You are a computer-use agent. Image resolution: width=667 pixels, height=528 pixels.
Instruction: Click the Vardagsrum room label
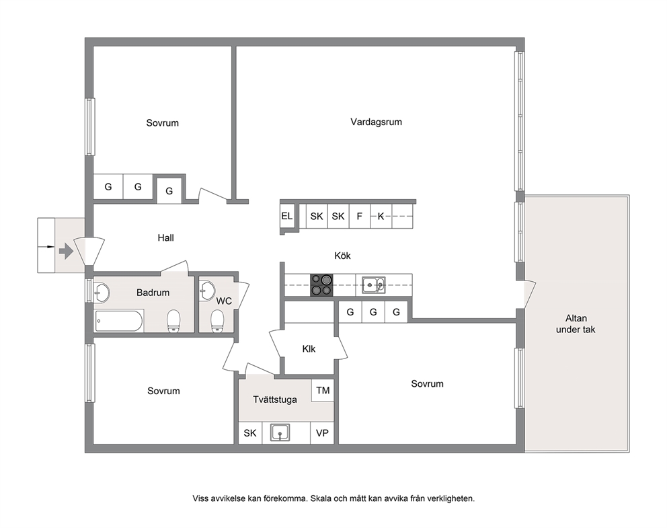[376, 122]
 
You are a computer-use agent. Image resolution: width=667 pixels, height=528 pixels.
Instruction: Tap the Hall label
[165, 238]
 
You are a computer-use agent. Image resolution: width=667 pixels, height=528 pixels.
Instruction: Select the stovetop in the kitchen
[321, 285]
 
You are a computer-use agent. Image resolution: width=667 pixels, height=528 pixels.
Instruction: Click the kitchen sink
[374, 285]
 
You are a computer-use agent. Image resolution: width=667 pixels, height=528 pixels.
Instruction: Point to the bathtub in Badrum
[119, 322]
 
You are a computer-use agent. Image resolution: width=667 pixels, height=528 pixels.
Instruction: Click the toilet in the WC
[217, 320]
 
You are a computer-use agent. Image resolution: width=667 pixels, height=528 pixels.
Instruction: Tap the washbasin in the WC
[207, 290]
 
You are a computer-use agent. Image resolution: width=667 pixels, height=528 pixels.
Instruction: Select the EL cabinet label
[286, 216]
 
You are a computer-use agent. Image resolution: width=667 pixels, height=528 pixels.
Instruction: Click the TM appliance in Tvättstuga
[323, 390]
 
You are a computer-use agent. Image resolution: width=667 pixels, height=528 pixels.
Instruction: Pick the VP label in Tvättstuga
[322, 433]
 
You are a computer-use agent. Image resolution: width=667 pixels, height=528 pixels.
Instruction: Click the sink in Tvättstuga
[280, 432]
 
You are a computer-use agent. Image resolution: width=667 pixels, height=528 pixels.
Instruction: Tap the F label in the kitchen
[360, 217]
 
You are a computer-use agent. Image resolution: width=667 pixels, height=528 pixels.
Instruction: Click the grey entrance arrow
[66, 251]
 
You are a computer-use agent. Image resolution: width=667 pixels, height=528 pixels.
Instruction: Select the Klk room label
[309, 349]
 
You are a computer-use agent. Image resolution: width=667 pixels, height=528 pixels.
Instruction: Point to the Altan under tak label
[576, 324]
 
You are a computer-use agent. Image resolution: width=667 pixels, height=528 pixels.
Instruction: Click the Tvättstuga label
[275, 400]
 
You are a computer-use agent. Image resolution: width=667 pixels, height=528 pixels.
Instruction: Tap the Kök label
[342, 256]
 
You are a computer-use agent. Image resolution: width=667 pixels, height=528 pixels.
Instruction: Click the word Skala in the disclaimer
[321, 498]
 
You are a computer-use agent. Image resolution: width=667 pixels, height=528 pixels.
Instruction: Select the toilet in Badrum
[173, 320]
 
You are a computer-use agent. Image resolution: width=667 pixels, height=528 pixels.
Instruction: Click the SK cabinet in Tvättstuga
[250, 433]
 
